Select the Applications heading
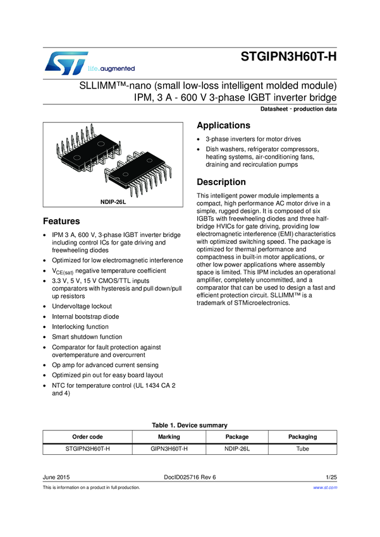[x=224, y=125]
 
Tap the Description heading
[x=221, y=182]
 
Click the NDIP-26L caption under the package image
[x=113, y=202]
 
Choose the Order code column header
[x=87, y=437]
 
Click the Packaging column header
[x=302, y=437]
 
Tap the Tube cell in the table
[x=302, y=449]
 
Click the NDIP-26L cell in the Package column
[x=237, y=449]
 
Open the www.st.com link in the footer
[x=326, y=488]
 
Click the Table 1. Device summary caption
[x=190, y=425]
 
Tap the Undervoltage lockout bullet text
[x=82, y=306]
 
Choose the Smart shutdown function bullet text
[x=87, y=337]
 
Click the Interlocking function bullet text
[x=81, y=327]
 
